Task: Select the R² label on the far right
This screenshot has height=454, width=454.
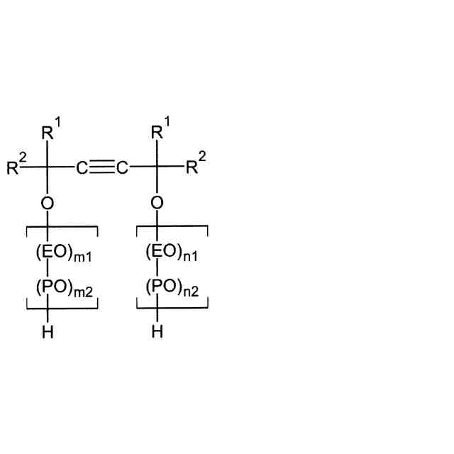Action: click(196, 168)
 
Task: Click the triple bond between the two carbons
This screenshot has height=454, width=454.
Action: click(102, 169)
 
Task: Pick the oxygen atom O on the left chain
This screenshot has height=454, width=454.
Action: click(47, 203)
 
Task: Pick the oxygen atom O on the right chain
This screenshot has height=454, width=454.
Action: click(157, 203)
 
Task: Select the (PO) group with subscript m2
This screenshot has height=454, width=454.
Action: click(47, 287)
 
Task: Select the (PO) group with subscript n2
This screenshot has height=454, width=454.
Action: click(157, 287)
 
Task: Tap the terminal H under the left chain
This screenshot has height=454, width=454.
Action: click(47, 332)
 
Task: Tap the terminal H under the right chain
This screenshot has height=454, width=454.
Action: click(157, 332)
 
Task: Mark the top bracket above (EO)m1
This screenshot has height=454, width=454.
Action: click(62, 227)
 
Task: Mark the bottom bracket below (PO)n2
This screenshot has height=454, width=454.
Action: click(172, 308)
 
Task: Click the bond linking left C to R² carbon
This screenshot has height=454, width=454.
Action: click(62, 169)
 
